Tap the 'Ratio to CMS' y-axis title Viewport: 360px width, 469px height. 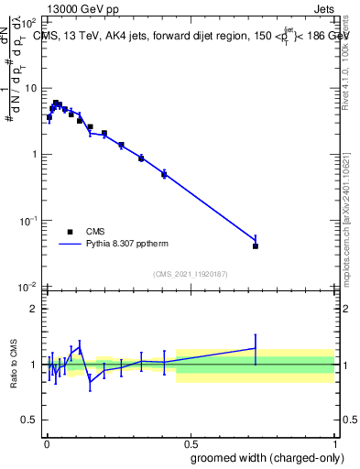(x=15, y=365)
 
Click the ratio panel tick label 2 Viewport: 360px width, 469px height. (x=34, y=309)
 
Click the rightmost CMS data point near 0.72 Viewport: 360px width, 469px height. (x=256, y=246)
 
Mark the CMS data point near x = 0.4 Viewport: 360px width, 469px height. (x=164, y=174)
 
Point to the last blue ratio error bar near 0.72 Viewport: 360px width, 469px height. (x=256, y=348)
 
